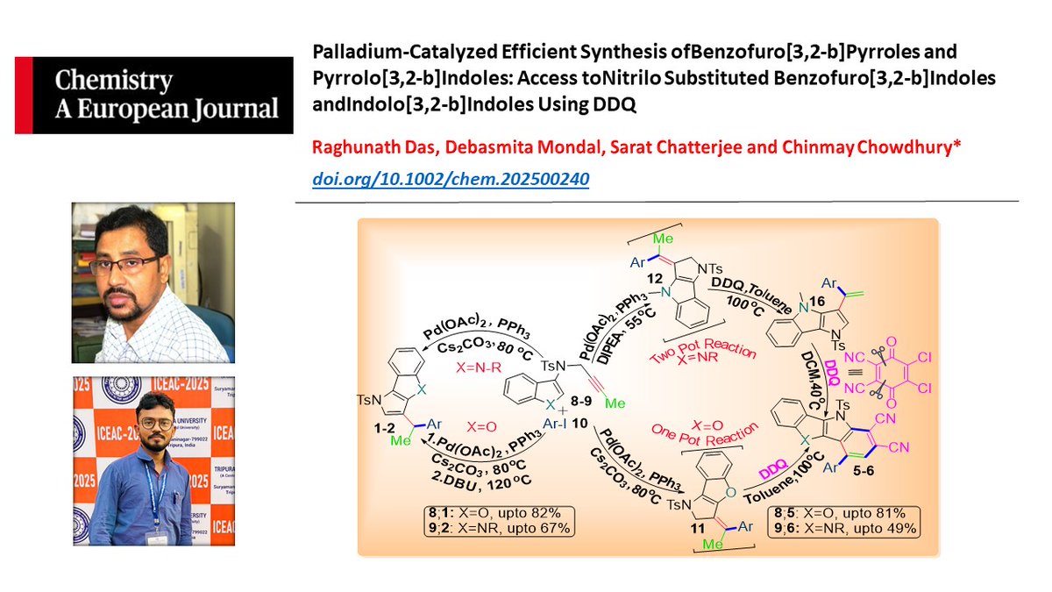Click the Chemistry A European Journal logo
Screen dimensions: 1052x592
pyautogui.click(x=154, y=95)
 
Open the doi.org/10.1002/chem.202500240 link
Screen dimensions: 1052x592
pyautogui.click(x=450, y=180)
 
